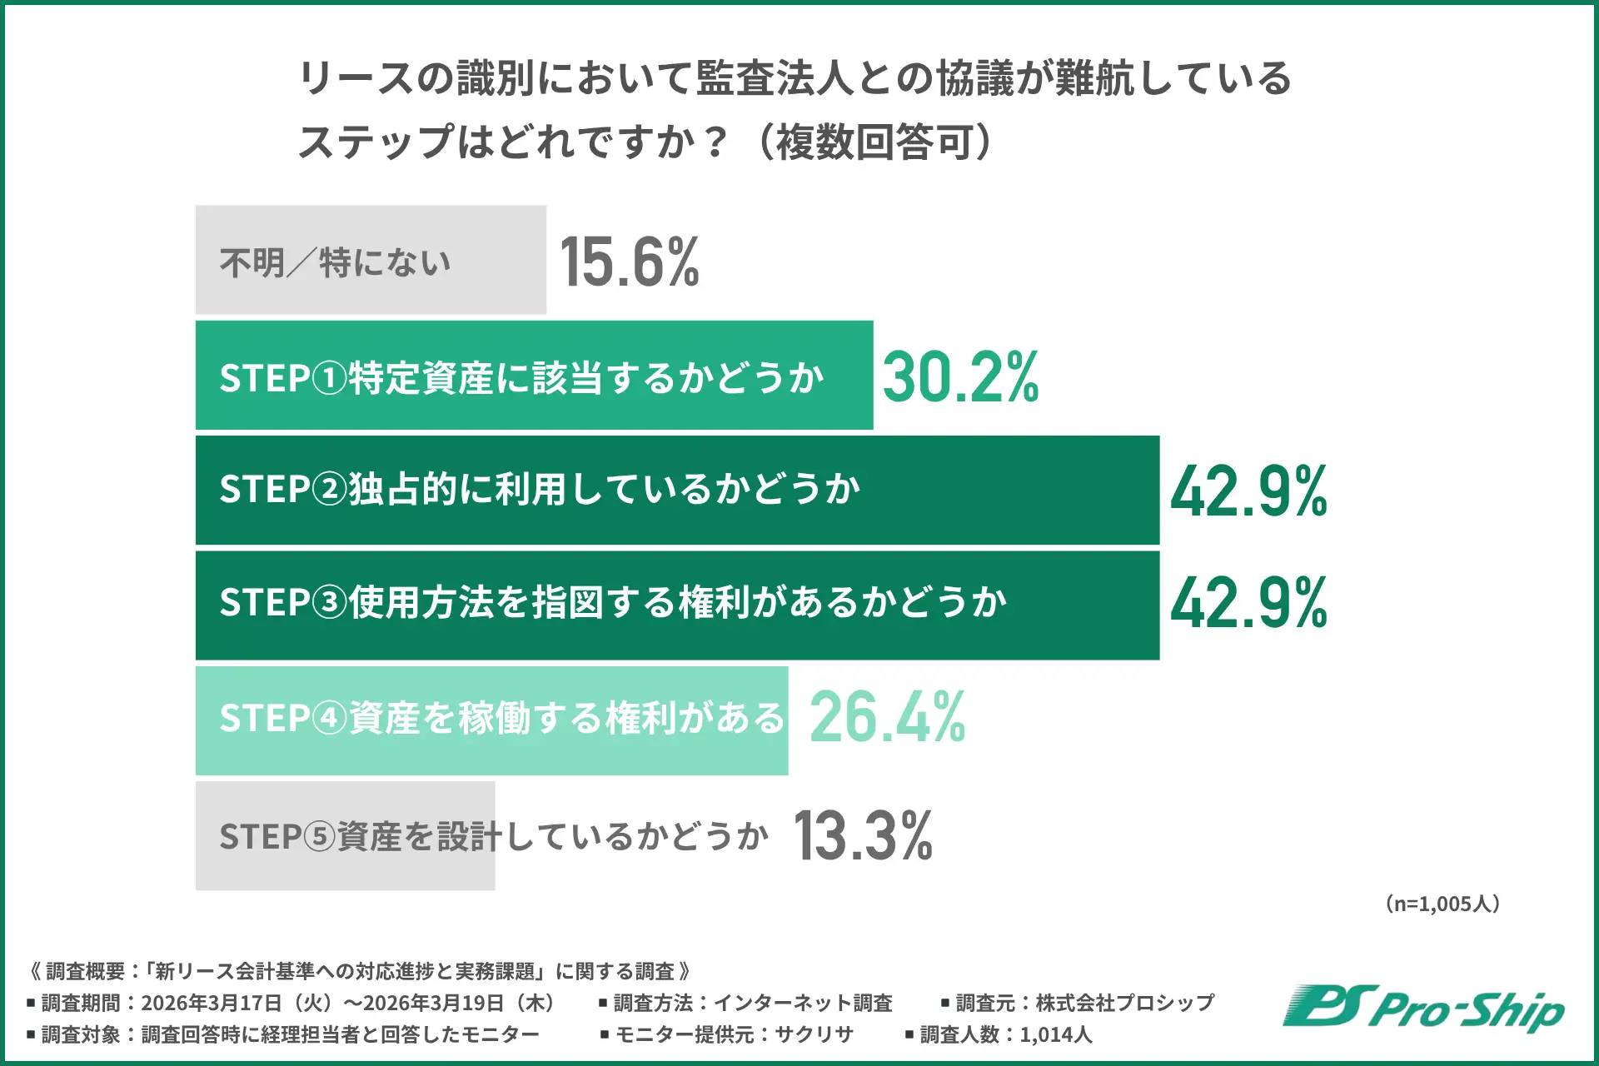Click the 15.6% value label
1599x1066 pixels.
[630, 262]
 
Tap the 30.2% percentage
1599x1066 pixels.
[960, 376]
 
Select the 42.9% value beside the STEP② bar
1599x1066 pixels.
[1248, 491]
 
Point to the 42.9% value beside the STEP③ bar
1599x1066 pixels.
[1248, 604]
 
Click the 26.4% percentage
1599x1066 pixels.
[887, 717]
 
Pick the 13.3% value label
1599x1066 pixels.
[863, 835]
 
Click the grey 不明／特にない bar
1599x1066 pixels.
[371, 260]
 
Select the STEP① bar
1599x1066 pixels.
[534, 376]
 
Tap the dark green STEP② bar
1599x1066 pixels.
[677, 491]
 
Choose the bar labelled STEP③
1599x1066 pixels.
[677, 605]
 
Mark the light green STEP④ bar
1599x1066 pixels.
[491, 720]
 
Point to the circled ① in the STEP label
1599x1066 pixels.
[330, 379]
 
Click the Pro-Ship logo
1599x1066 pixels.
[1423, 1009]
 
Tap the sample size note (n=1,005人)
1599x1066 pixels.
[1442, 904]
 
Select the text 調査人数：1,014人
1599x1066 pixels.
[1005, 1035]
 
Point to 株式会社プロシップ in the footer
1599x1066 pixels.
[1125, 1003]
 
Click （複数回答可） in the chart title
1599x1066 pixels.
[874, 142]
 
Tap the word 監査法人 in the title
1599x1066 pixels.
[775, 78]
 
